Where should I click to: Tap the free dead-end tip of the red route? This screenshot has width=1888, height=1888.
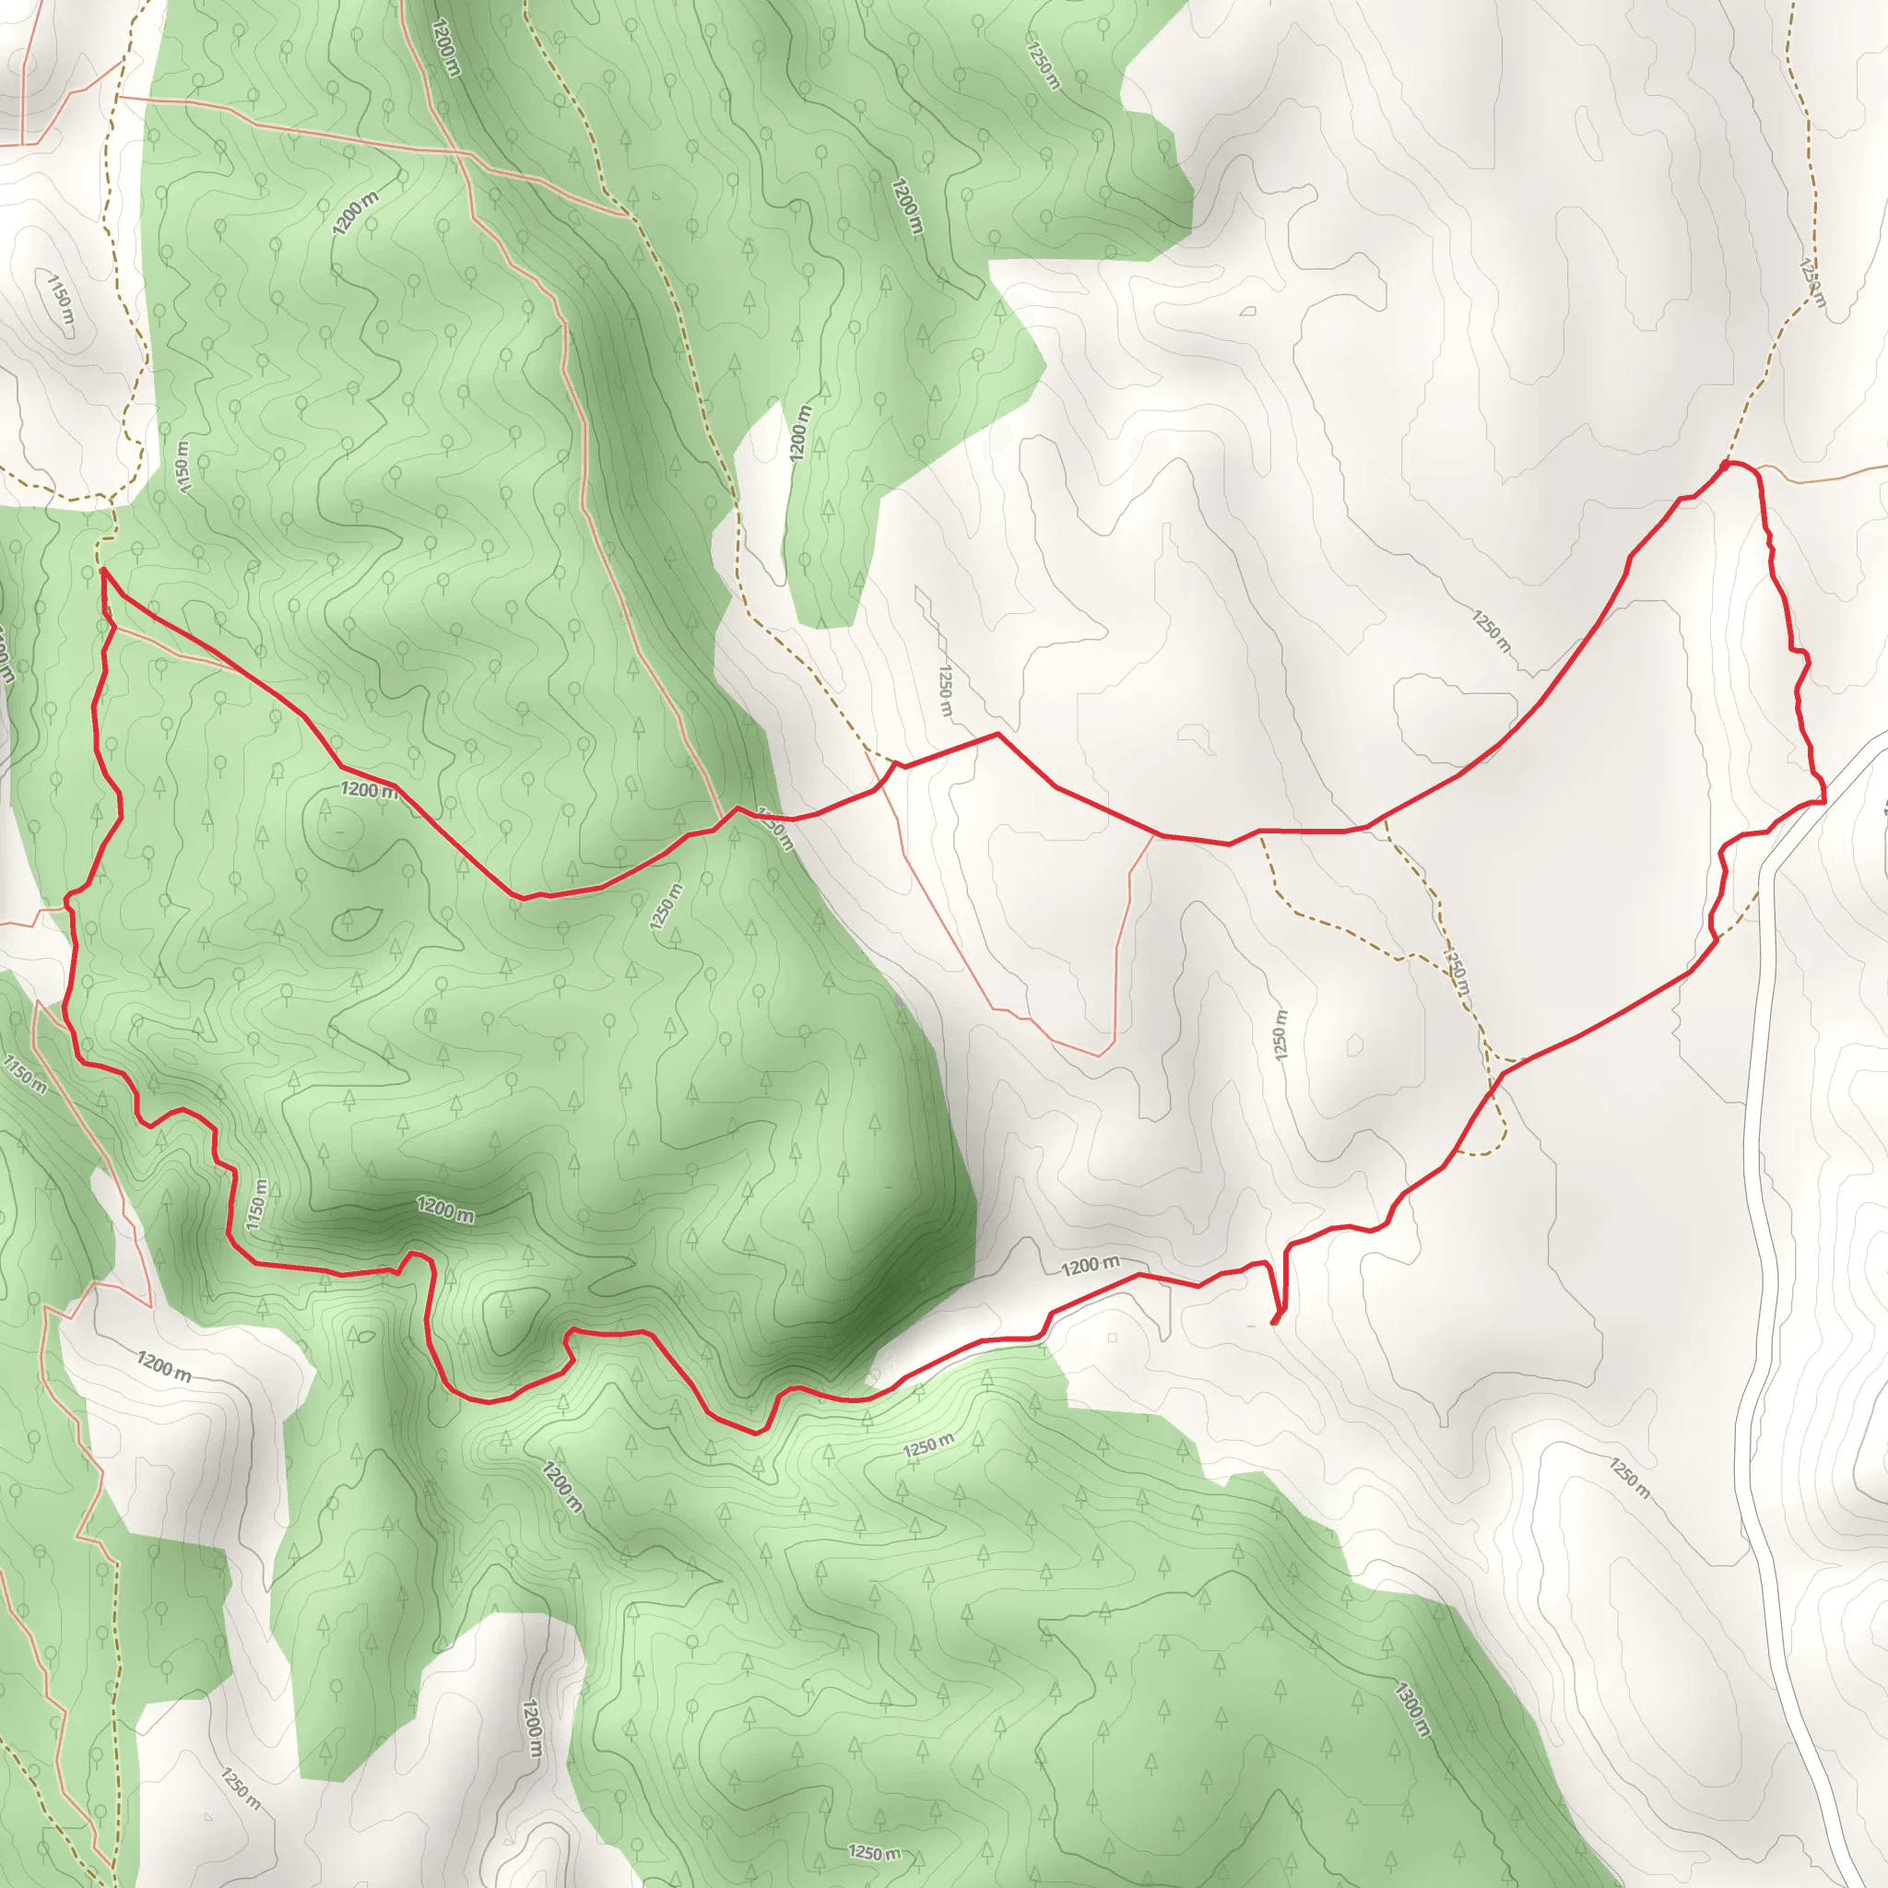1273,1323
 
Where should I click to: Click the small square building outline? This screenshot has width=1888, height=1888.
1112,1338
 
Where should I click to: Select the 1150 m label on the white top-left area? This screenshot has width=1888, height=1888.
61,305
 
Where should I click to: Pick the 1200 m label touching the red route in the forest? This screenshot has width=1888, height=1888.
369,790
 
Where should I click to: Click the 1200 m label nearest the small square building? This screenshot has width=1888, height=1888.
1090,1266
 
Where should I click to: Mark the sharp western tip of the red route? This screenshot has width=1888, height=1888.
102,569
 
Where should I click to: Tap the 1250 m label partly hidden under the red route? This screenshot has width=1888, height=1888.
774,828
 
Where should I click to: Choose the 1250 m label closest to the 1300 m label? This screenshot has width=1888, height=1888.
1630,1479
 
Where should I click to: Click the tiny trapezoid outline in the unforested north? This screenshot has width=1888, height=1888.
1248,312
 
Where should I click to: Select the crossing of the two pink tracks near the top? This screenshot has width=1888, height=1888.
459,152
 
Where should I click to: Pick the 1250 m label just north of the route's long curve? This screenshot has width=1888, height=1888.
1492,631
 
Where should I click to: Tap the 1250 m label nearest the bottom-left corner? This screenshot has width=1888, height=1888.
240,1788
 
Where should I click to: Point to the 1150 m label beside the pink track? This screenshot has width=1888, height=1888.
25,1073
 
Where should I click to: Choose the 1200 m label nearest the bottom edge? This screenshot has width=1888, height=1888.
532,1728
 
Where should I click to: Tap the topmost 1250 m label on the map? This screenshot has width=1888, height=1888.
1043,64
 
